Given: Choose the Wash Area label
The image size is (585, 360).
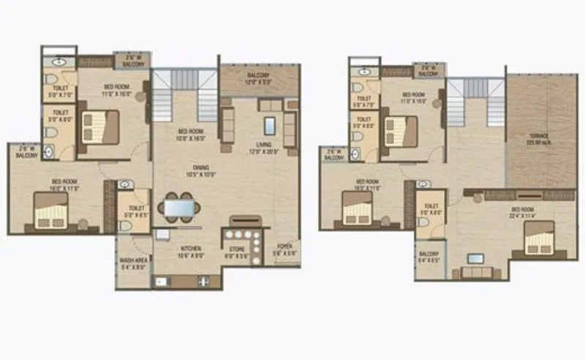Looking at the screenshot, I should pos(132,263).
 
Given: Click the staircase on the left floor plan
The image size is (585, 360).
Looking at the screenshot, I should pos(185,95).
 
